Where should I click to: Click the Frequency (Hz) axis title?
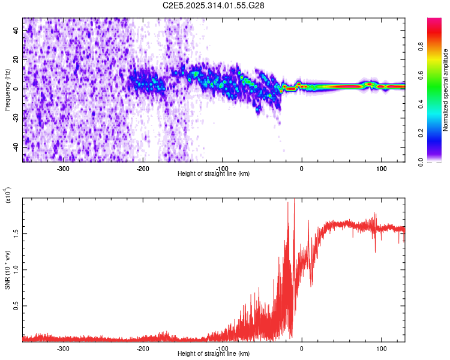pos(7,90)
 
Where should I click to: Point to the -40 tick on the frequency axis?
pos(16,147)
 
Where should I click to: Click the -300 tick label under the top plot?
pos(63,167)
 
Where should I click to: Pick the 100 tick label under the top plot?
pos(381,167)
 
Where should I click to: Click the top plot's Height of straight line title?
pos(214,173)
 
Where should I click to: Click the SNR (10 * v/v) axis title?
pos(7,269)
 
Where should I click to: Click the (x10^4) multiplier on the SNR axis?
pos(8,196)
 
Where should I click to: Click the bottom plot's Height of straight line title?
pos(214,353)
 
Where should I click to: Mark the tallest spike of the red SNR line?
pos(294,200)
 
